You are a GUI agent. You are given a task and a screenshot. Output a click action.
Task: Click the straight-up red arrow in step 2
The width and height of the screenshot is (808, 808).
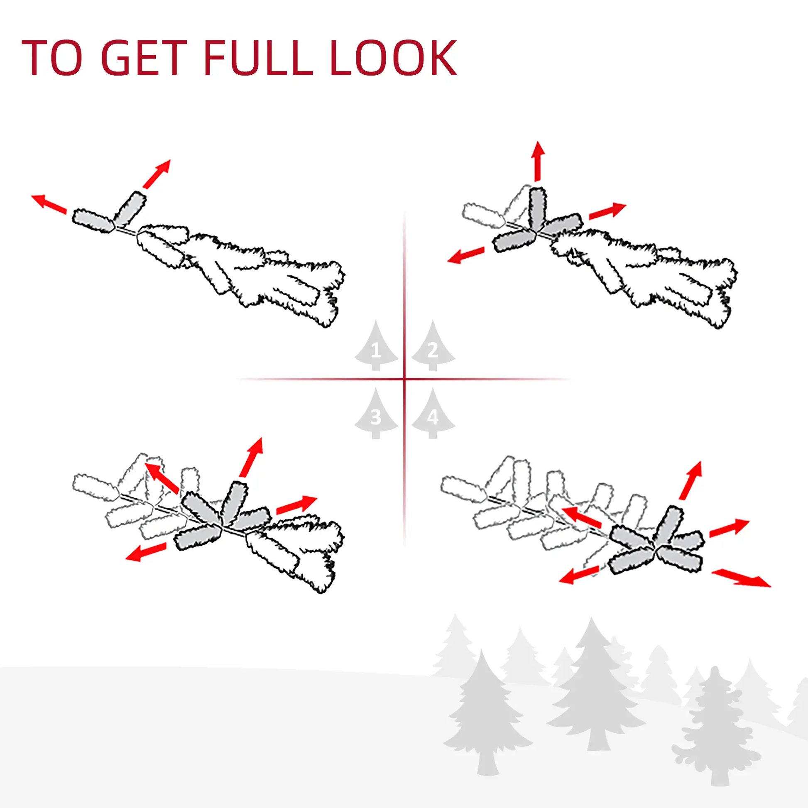click(x=538, y=161)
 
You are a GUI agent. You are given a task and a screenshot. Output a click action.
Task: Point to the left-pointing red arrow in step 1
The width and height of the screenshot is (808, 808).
click(x=49, y=204)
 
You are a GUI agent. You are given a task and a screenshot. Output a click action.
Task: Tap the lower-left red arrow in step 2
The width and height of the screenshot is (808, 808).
click(x=465, y=255)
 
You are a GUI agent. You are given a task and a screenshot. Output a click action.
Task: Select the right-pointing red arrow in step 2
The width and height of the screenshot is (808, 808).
click(x=607, y=211)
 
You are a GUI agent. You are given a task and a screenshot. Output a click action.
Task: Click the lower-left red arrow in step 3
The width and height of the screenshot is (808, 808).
click(x=146, y=552)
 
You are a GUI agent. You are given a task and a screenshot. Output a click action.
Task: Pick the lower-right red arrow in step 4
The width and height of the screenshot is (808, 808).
click(x=741, y=578)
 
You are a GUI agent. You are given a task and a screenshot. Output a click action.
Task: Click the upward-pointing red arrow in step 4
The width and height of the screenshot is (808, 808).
click(x=691, y=480)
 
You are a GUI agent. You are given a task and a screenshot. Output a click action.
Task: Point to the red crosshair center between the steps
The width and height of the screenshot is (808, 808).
click(x=404, y=380)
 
